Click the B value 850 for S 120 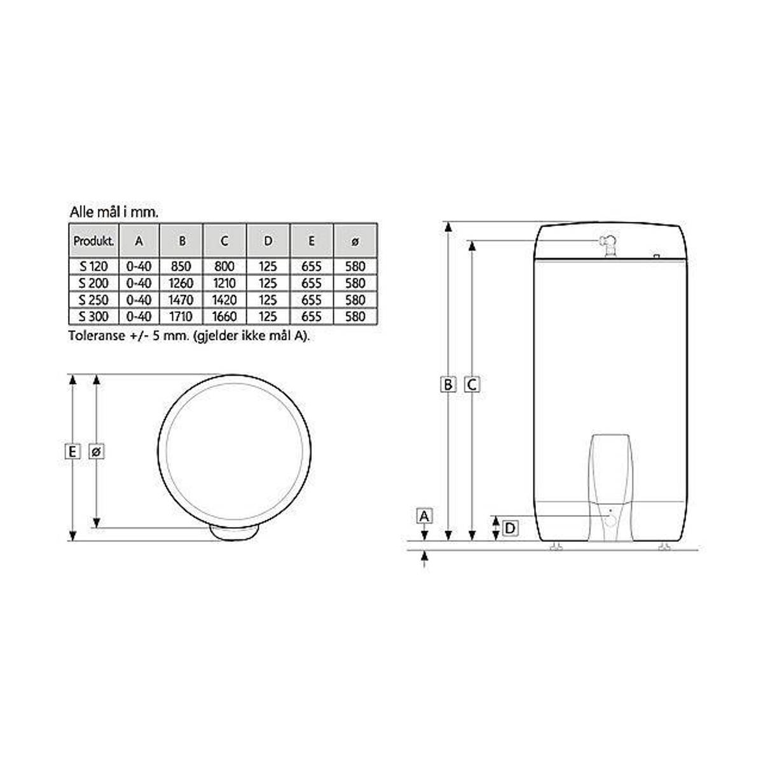pyautogui.click(x=181, y=266)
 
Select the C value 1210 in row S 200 pyautogui.click(x=224, y=283)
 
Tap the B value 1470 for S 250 pyautogui.click(x=181, y=299)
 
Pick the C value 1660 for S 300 pyautogui.click(x=224, y=317)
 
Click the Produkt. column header pyautogui.click(x=94, y=241)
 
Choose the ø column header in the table pyautogui.click(x=355, y=241)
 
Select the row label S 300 pyautogui.click(x=93, y=317)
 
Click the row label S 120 pyautogui.click(x=93, y=266)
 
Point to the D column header pyautogui.click(x=268, y=241)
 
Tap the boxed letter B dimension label pyautogui.click(x=448, y=384)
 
